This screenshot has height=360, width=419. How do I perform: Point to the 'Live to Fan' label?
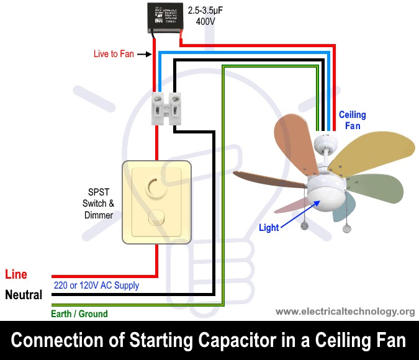(114, 54)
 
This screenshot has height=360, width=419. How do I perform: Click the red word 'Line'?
(16, 274)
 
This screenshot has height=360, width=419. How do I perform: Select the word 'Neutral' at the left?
(24, 295)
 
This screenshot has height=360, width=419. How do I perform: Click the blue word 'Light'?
(269, 228)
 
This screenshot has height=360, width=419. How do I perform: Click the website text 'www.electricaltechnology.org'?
(345, 311)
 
